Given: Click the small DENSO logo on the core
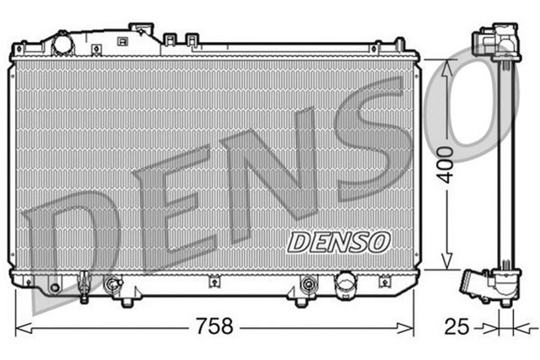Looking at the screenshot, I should (x=339, y=242).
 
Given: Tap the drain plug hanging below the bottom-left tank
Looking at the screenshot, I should (x=85, y=292).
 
